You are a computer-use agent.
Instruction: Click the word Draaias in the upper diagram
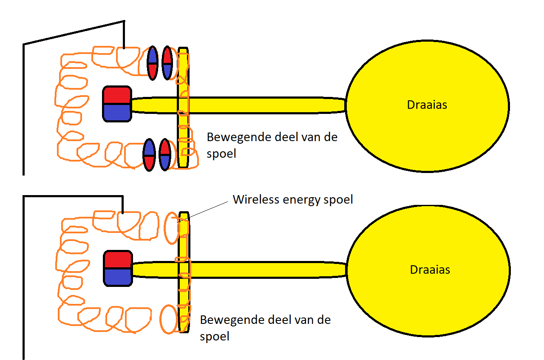click(x=427, y=105)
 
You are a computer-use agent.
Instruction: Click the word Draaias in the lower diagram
click(x=430, y=269)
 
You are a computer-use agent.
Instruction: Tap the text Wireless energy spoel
click(x=293, y=199)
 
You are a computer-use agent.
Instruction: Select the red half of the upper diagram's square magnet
click(x=116, y=94)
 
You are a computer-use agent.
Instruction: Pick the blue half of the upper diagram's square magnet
click(x=116, y=112)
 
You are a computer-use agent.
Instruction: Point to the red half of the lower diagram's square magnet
click(x=118, y=259)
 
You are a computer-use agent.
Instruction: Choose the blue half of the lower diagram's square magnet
click(x=118, y=277)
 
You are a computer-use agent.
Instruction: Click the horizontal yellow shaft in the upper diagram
click(x=263, y=105)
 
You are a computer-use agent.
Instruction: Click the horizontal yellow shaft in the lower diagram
click(x=263, y=270)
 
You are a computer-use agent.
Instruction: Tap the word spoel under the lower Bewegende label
click(x=215, y=337)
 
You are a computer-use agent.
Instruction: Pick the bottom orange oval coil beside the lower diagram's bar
click(x=168, y=319)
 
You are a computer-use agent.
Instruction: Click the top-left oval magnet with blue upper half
click(x=152, y=63)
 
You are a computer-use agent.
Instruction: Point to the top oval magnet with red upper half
click(x=167, y=63)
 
